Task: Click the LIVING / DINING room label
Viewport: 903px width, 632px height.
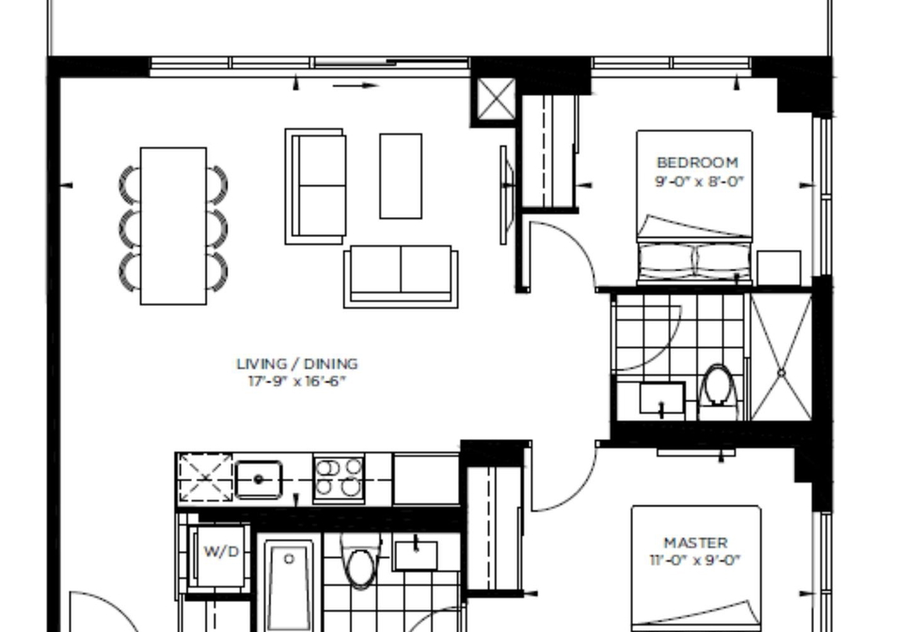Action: click(x=297, y=364)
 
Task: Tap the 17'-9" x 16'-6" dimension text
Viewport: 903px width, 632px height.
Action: click(x=297, y=381)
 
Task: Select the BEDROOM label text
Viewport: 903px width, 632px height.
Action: click(x=697, y=163)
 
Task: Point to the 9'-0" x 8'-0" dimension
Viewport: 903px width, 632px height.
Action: click(x=699, y=182)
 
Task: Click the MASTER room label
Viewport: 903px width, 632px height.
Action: click(x=696, y=543)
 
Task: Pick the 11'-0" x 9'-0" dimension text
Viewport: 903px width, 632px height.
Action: click(x=694, y=560)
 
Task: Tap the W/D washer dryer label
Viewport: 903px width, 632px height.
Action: click(x=222, y=551)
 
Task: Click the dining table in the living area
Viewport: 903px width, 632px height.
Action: click(x=173, y=226)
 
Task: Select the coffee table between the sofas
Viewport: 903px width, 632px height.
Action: click(x=401, y=176)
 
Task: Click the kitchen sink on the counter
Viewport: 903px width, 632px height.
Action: click(x=259, y=479)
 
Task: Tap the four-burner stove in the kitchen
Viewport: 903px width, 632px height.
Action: click(x=340, y=477)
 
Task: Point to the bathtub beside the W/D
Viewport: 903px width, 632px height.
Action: click(x=289, y=585)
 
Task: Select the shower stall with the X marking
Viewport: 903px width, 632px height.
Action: click(x=781, y=356)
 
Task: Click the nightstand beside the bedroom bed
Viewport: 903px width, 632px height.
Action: click(x=779, y=267)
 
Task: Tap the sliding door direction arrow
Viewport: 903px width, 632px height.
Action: click(x=356, y=86)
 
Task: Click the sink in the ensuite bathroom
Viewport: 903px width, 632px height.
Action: click(x=662, y=399)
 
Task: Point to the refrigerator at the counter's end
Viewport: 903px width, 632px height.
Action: click(x=426, y=479)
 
